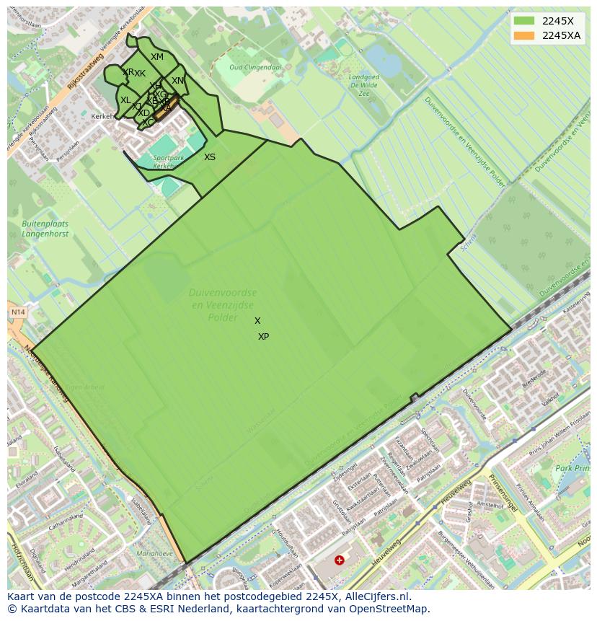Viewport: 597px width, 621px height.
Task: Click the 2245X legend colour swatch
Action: coord(524,21)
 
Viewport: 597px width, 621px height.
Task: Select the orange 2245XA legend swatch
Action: coord(524,35)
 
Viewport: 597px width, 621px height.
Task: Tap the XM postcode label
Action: coord(157,57)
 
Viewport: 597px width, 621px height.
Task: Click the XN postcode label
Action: coord(178,81)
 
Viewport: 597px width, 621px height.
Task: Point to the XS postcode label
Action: coord(210,157)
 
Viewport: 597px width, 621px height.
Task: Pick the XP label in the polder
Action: coord(263,337)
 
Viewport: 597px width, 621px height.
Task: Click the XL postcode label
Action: coord(125,100)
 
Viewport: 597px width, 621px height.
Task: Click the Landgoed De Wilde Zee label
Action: coord(363,84)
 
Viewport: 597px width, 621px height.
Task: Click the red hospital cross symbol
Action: coord(339,560)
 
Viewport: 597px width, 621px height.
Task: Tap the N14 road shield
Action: coord(17,312)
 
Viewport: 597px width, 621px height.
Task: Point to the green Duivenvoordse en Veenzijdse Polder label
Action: coord(223,304)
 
